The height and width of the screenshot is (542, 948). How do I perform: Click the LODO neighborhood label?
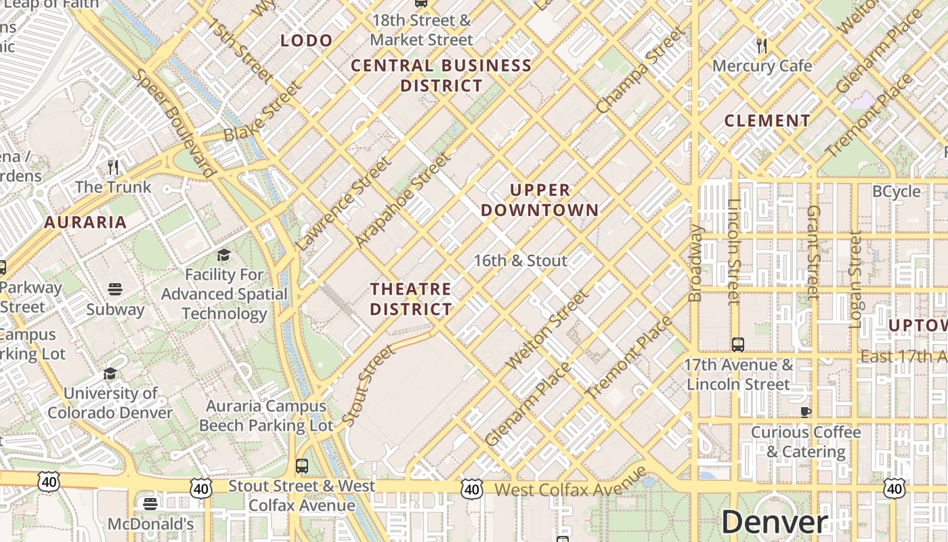pyautogui.click(x=307, y=41)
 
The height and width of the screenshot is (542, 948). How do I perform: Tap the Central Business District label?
pyautogui.click(x=441, y=75)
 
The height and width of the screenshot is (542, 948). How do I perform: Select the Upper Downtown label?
pyautogui.click(x=540, y=200)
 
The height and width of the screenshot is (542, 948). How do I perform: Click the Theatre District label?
pyautogui.click(x=410, y=299)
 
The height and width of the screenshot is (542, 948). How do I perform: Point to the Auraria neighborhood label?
pyautogui.click(x=85, y=222)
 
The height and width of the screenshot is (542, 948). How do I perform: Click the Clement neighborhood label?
pyautogui.click(x=767, y=121)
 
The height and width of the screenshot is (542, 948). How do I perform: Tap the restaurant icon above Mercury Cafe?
pyautogui.click(x=762, y=46)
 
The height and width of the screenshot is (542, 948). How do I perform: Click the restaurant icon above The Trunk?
pyautogui.click(x=113, y=167)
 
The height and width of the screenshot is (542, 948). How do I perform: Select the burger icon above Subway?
pyautogui.click(x=114, y=289)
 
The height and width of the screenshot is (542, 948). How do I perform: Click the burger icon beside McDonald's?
pyautogui.click(x=150, y=503)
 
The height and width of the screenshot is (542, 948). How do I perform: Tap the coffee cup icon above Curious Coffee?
pyautogui.click(x=806, y=412)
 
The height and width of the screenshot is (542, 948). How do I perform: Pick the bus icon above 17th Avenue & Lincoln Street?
pyautogui.click(x=738, y=344)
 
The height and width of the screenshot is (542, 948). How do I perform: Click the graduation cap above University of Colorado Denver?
pyautogui.click(x=110, y=373)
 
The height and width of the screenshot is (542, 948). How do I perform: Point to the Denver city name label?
pyautogui.click(x=774, y=522)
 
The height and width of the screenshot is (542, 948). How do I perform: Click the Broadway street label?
pyautogui.click(x=695, y=263)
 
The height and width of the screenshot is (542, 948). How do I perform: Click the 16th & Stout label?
pyautogui.click(x=520, y=260)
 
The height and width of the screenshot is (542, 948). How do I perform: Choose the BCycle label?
pyautogui.click(x=896, y=191)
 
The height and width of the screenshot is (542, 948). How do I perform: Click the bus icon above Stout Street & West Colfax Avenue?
pyautogui.click(x=302, y=466)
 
